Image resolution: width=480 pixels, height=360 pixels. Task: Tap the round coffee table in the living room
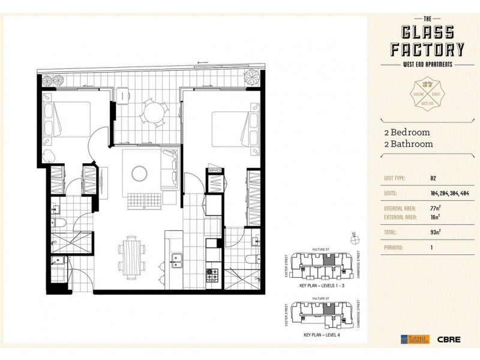pos(139,173)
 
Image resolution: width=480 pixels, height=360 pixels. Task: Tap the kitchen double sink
pos(178,260)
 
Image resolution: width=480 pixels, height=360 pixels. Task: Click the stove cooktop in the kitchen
pos(212,275)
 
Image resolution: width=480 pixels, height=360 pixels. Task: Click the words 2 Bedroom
pos(407,133)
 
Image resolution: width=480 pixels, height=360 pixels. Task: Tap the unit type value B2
pos(433,178)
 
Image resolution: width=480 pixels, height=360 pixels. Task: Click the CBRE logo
pos(449,339)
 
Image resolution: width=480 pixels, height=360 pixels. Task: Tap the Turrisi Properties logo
pos(414,339)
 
